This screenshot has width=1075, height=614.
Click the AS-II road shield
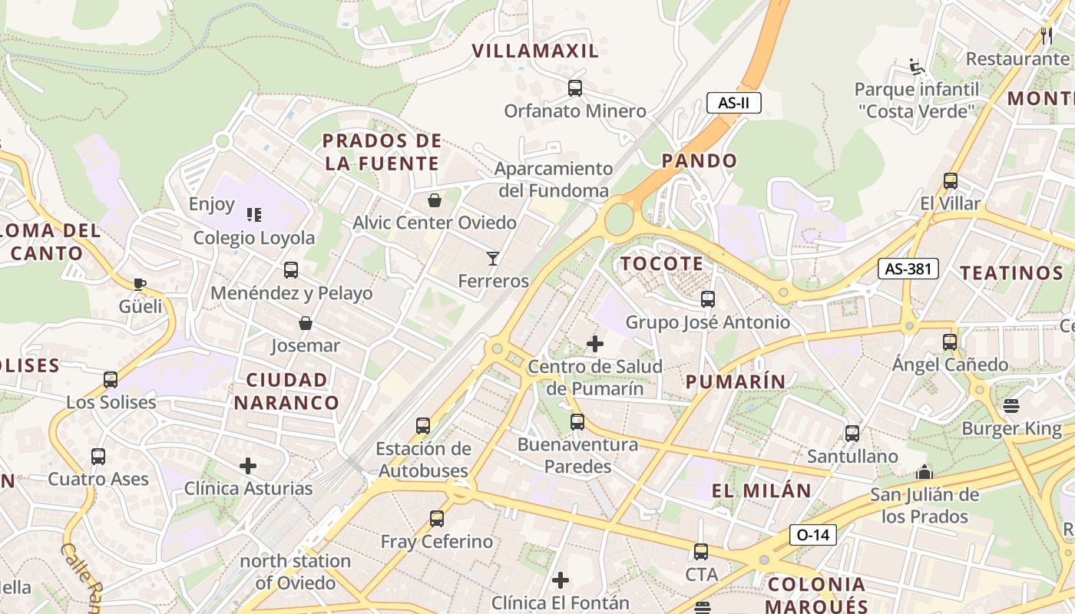point(733,103)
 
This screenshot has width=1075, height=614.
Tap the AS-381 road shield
point(908,269)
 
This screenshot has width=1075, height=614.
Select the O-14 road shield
point(812,534)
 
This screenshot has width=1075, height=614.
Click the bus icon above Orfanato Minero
point(575,88)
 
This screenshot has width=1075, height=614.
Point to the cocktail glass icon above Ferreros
point(493,259)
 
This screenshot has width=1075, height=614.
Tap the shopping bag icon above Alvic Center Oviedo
point(435,200)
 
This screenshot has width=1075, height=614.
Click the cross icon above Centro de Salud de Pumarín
point(595,344)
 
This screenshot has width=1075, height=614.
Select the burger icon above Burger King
point(1011,406)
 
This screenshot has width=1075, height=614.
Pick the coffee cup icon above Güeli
point(140,284)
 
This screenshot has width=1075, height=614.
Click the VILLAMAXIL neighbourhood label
point(535,51)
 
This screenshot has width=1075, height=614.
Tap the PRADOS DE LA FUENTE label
point(382,152)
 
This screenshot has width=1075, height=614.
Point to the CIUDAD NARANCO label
point(286,391)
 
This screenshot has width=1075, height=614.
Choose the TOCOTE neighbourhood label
point(662,264)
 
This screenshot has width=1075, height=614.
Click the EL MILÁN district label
point(761,491)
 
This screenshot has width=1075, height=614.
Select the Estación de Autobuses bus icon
point(422,426)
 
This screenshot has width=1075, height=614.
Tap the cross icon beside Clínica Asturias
point(248,466)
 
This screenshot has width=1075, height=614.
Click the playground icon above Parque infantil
point(915,66)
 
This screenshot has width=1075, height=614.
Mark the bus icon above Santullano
point(852,434)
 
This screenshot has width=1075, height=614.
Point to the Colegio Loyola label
point(253,238)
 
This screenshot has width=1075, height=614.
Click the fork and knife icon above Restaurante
point(1046,35)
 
